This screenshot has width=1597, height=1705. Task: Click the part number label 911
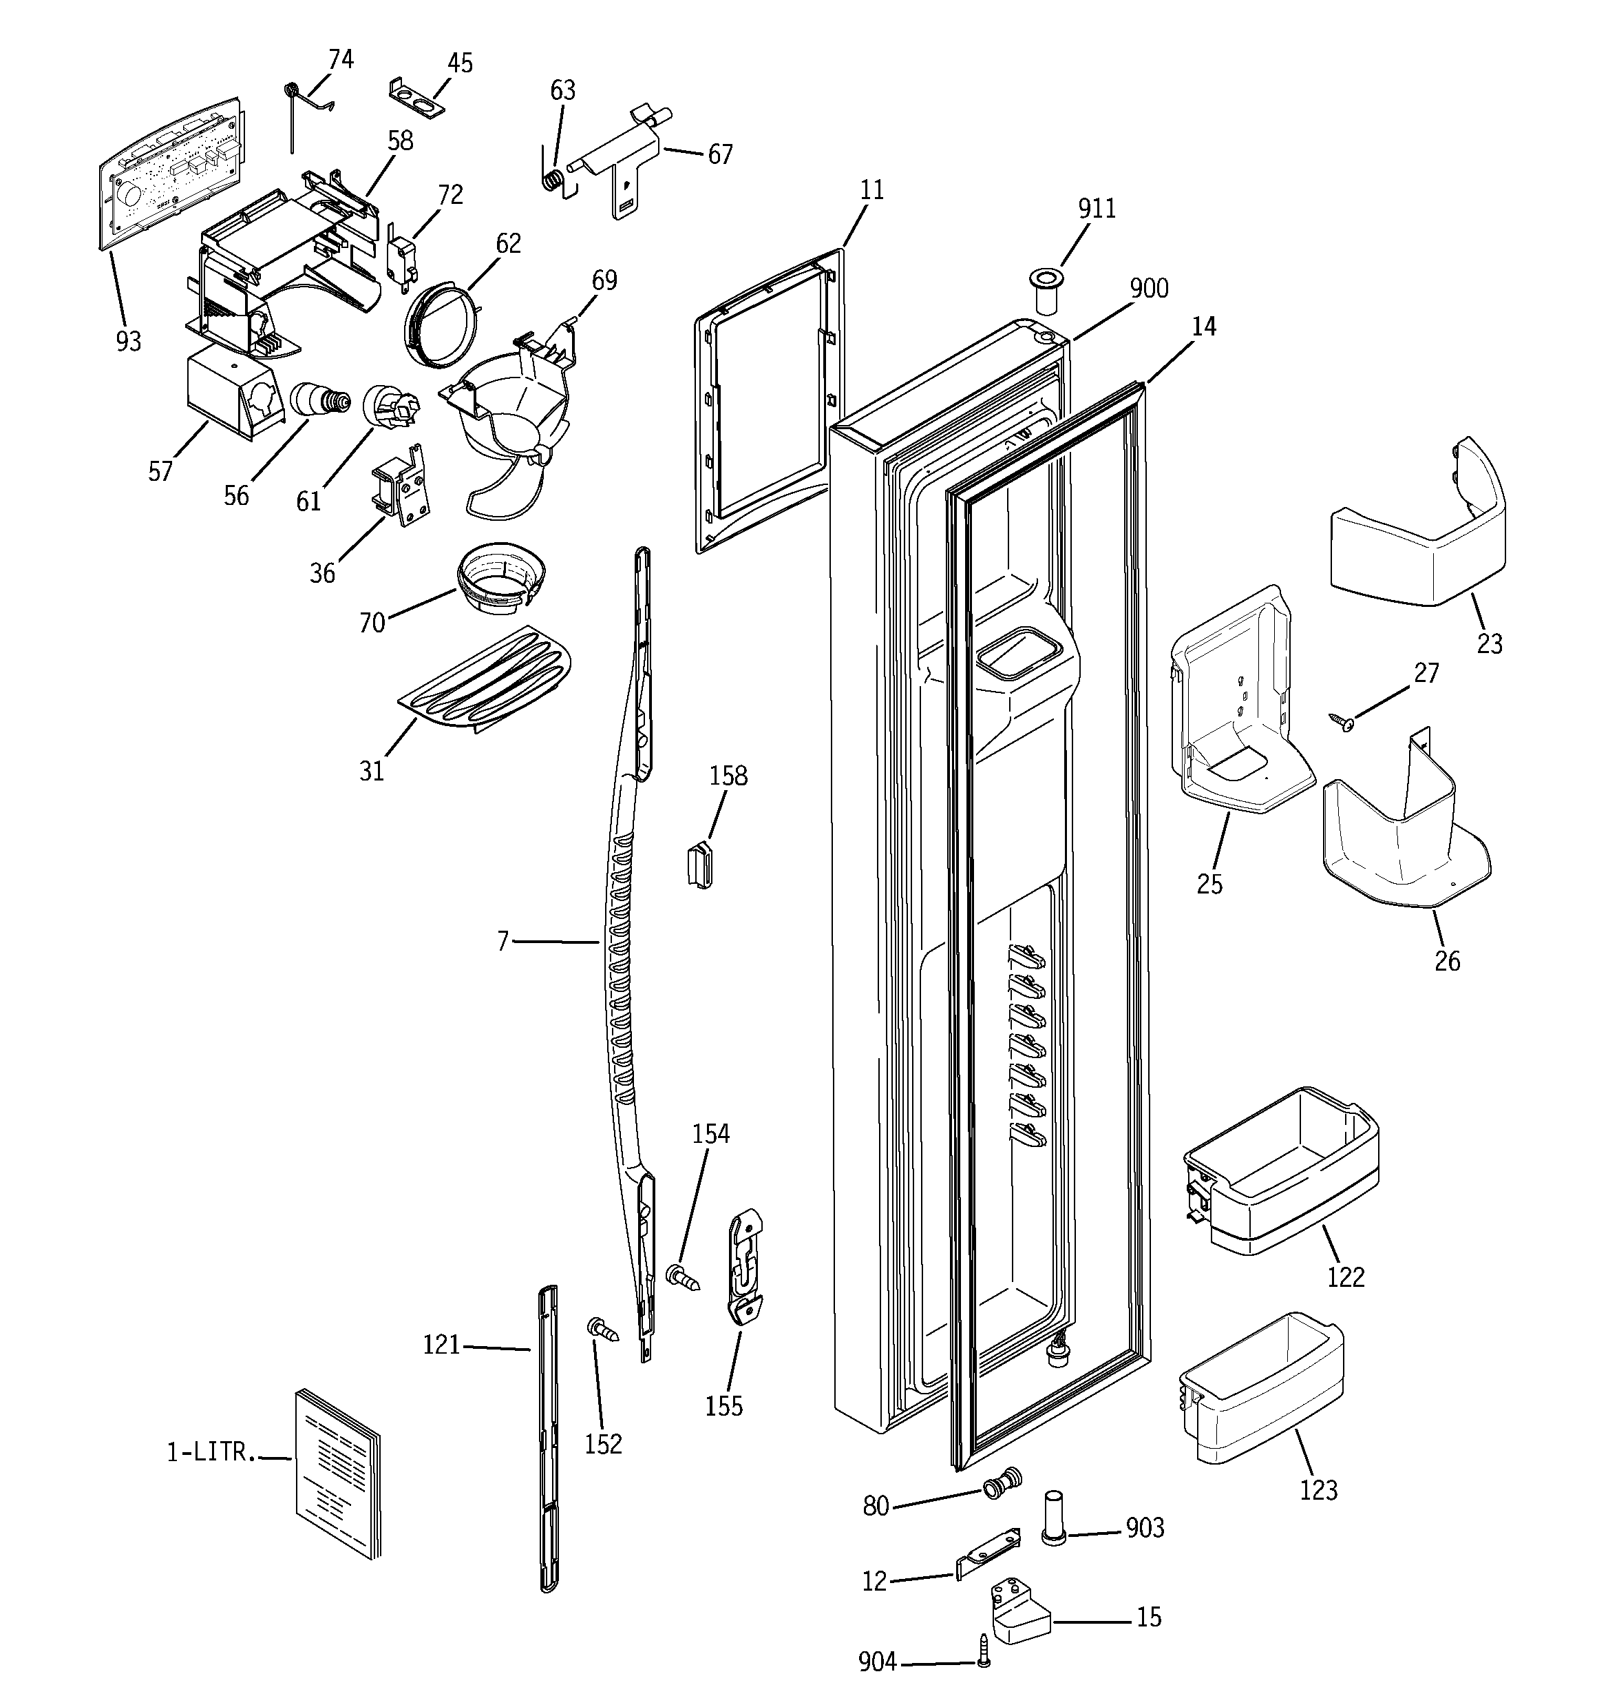click(1097, 209)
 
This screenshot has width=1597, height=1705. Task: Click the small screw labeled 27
click(1341, 721)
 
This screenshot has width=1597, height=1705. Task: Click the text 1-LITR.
click(210, 1452)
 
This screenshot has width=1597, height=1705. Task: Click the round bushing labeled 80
click(1002, 1483)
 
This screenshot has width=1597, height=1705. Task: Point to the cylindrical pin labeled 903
click(1053, 1518)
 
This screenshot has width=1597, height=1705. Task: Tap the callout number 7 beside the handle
click(503, 942)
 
